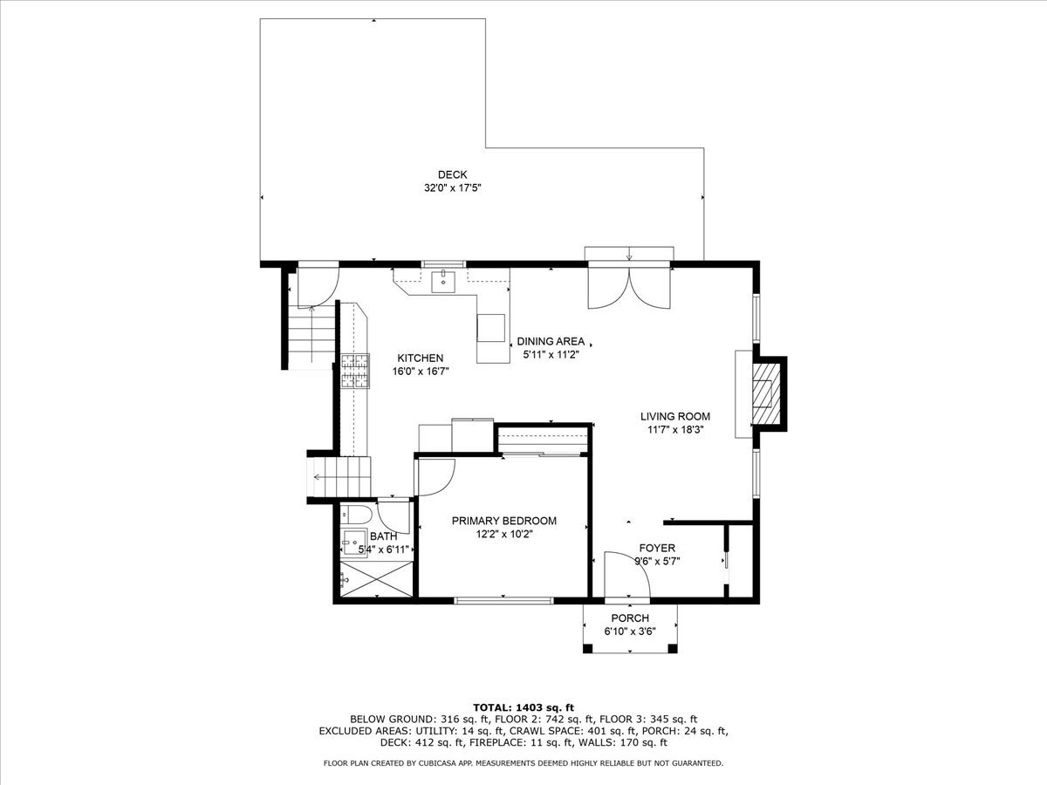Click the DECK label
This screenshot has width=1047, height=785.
pyautogui.click(x=452, y=174)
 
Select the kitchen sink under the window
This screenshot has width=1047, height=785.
pyautogui.click(x=444, y=281)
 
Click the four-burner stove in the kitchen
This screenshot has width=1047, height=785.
pyautogui.click(x=355, y=371)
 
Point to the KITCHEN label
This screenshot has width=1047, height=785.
pyautogui.click(x=421, y=358)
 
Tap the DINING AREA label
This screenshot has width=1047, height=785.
pyautogui.click(x=551, y=341)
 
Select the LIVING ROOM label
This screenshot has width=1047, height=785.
pyautogui.click(x=675, y=416)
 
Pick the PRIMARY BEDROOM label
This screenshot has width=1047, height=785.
pyautogui.click(x=503, y=521)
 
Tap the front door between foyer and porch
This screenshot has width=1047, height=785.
pyautogui.click(x=627, y=577)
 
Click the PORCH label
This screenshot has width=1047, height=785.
pyautogui.click(x=629, y=618)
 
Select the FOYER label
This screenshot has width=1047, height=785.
pyautogui.click(x=657, y=548)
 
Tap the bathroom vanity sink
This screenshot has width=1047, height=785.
pyautogui.click(x=353, y=544)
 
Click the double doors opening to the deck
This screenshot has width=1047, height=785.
pyautogui.click(x=628, y=286)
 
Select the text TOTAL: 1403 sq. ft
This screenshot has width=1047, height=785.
pyautogui.click(x=523, y=706)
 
